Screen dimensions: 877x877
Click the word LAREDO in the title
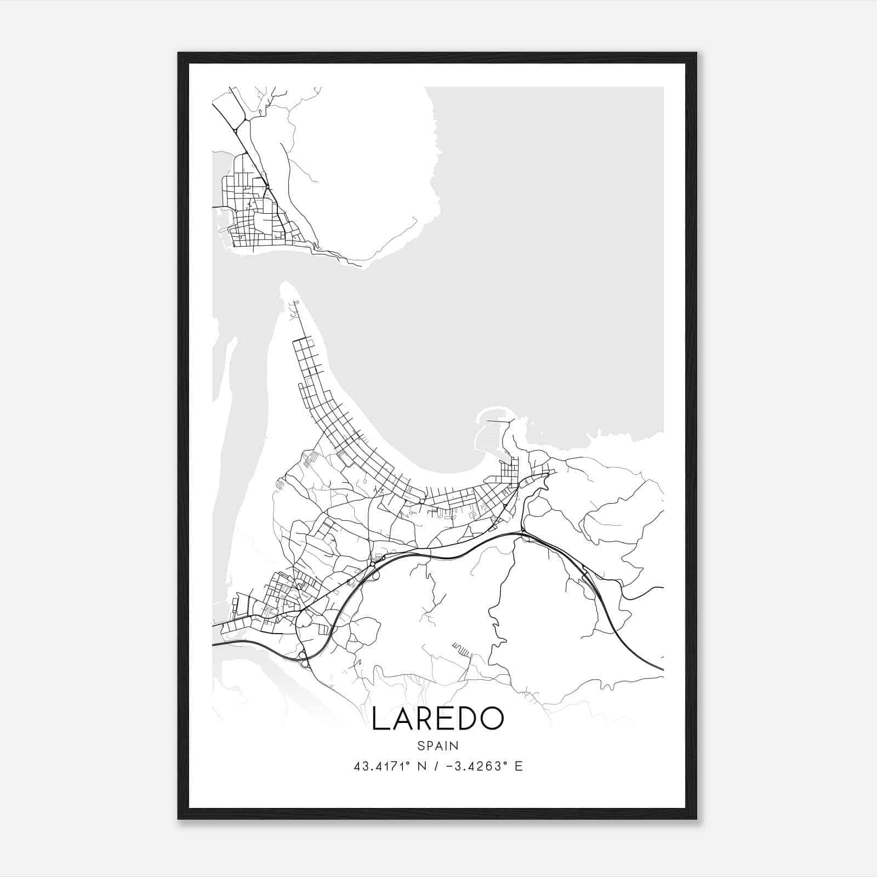click(437, 719)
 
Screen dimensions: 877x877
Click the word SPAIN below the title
click(437, 746)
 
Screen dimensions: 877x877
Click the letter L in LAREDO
click(379, 719)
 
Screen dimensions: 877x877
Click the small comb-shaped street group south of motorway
click(462, 650)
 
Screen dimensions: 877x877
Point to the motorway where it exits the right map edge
click(662, 669)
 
